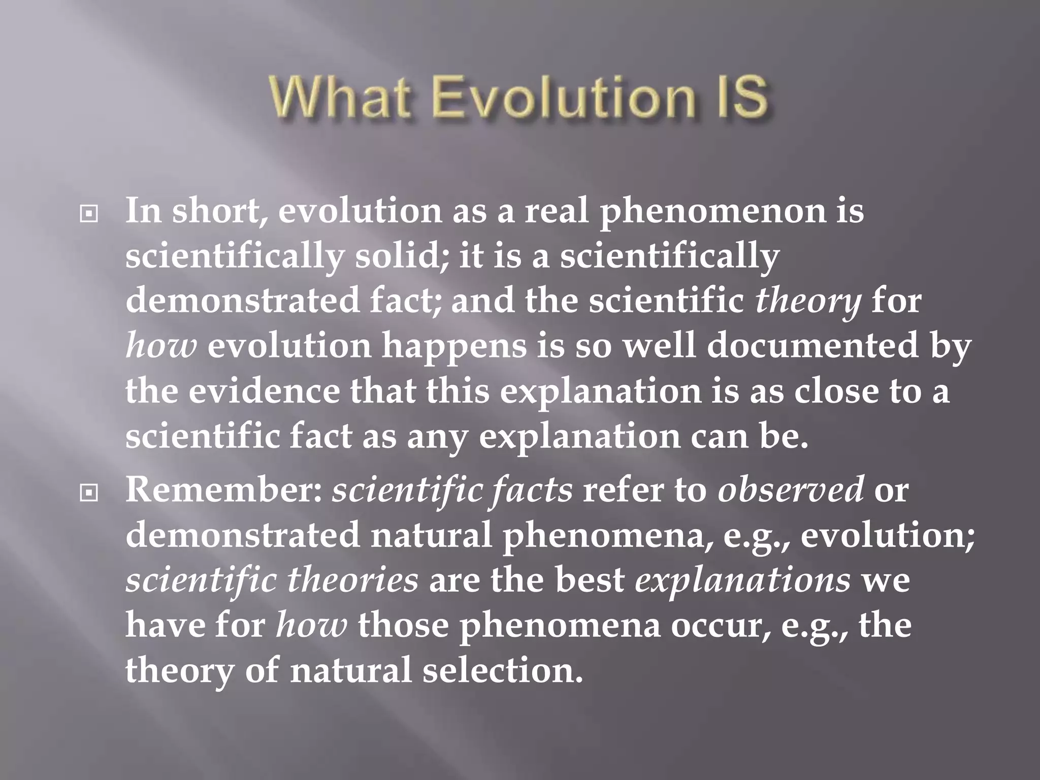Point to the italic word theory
click(807, 301)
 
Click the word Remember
click(223, 490)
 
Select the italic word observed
click(790, 490)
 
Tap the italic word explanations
click(742, 580)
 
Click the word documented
click(812, 346)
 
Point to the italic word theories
click(352, 580)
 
